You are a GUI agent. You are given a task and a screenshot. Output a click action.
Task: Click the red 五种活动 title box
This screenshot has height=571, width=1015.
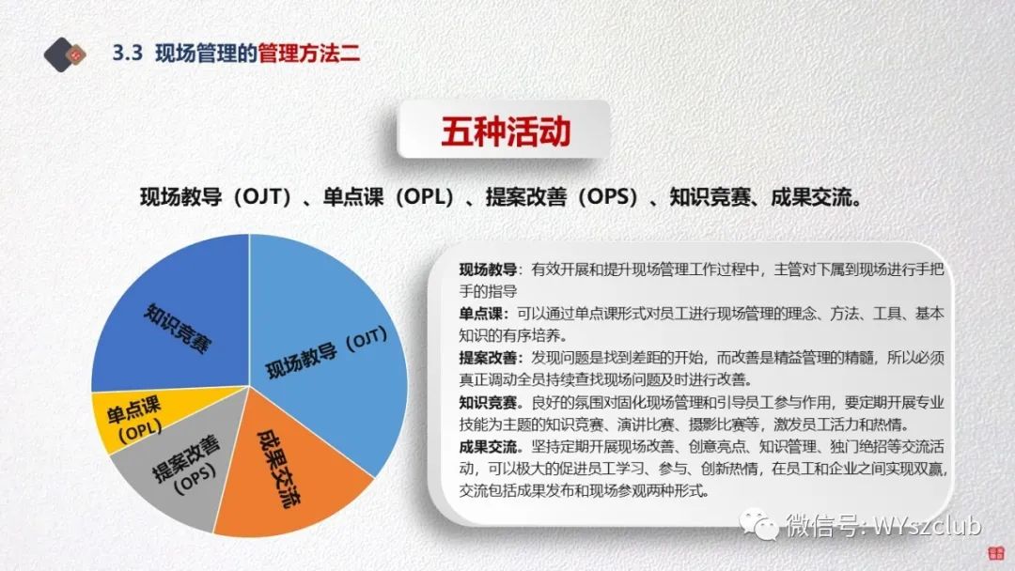(x=505, y=130)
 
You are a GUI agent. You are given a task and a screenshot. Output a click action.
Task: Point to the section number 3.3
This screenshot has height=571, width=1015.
(x=127, y=53)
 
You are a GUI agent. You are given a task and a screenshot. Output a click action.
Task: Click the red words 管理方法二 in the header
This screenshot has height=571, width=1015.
(x=309, y=53)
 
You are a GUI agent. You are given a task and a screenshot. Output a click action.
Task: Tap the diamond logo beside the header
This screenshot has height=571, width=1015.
(x=64, y=54)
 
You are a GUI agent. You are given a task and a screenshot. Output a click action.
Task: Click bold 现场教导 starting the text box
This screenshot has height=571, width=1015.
(x=488, y=270)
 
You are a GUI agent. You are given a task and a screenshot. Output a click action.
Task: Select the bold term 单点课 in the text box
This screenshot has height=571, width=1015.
(x=480, y=314)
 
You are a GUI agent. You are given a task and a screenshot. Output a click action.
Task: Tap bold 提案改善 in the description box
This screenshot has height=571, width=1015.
(x=488, y=358)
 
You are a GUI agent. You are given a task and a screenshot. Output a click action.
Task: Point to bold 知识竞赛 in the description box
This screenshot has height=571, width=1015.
(x=488, y=403)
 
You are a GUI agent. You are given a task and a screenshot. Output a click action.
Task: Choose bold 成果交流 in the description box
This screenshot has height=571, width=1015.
(x=488, y=447)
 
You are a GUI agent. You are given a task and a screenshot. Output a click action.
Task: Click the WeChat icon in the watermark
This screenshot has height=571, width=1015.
(x=758, y=524)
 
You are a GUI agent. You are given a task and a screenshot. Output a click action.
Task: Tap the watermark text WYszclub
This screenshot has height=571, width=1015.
(x=928, y=525)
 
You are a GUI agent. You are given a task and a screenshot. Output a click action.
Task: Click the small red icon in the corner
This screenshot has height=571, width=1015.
(x=995, y=553)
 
